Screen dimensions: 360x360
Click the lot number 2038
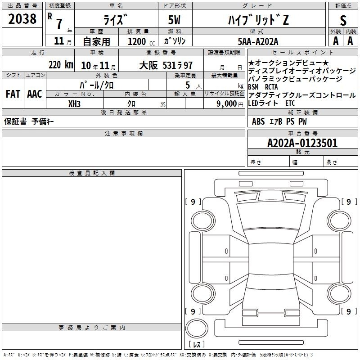(x=22, y=19)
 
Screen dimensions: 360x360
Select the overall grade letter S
(x=343, y=20)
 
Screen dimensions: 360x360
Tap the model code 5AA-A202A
(x=258, y=41)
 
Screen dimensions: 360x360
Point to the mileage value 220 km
(x=61, y=65)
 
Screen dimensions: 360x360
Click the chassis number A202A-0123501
(x=302, y=143)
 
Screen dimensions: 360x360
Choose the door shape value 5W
(x=174, y=20)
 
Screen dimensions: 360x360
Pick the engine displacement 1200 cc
(x=141, y=41)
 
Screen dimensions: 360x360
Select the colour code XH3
(x=74, y=104)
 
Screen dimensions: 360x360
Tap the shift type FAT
(x=13, y=94)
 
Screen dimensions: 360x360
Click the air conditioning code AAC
(x=35, y=94)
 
